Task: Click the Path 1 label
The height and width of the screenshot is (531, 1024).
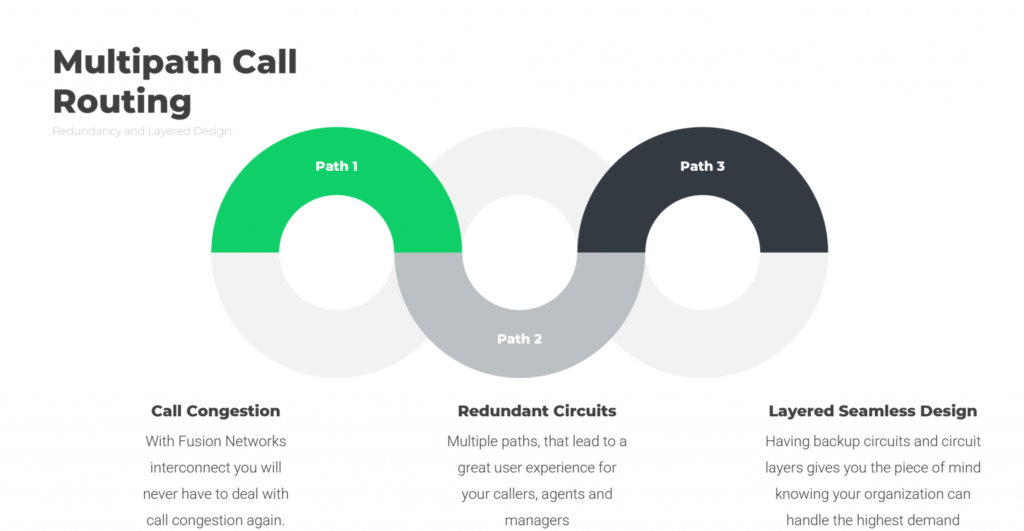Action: click(336, 166)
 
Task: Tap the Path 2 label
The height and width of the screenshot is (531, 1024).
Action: click(519, 339)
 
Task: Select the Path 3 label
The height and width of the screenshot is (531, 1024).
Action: click(702, 166)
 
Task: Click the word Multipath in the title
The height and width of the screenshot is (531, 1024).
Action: click(137, 63)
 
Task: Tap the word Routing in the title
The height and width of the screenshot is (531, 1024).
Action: click(122, 102)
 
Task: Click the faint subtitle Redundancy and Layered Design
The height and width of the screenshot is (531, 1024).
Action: click(143, 131)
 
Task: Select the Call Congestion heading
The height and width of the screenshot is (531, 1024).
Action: click(215, 411)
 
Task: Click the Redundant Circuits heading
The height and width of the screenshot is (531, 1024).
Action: click(537, 411)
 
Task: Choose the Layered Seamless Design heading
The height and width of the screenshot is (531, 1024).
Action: click(873, 411)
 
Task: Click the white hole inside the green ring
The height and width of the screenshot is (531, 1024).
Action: click(337, 252)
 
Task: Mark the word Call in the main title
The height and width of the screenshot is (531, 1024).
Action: click(265, 63)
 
